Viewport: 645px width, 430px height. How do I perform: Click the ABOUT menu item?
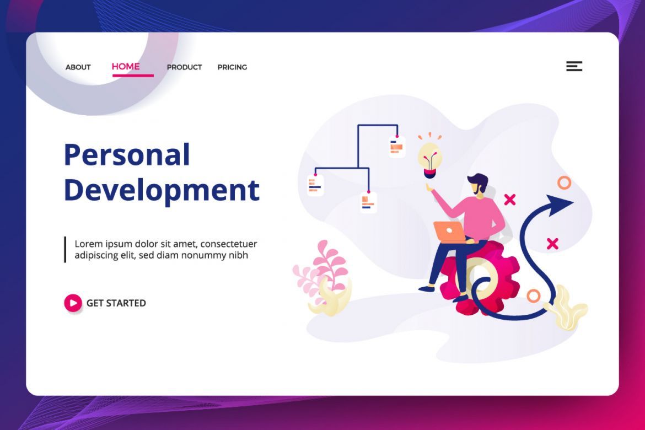78,67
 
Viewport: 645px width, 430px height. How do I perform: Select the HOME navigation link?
126,66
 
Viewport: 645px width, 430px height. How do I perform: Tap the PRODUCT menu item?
184,67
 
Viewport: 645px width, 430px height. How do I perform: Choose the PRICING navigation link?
233,67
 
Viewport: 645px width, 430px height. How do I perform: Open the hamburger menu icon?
574,66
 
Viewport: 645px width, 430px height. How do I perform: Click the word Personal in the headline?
127,155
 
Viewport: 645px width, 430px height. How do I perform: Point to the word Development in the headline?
162,190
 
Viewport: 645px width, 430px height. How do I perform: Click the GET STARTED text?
116,303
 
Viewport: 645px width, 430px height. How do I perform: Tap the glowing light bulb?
430,160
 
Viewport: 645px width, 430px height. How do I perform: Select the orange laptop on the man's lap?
449,232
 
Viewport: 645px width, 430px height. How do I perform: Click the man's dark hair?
479,181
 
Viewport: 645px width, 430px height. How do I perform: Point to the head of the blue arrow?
560,205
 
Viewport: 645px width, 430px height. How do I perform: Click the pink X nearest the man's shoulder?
510,200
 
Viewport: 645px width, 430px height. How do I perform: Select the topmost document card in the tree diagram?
397,147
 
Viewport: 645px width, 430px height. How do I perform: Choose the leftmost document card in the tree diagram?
315,185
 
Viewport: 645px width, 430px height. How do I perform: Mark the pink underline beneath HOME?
133,76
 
